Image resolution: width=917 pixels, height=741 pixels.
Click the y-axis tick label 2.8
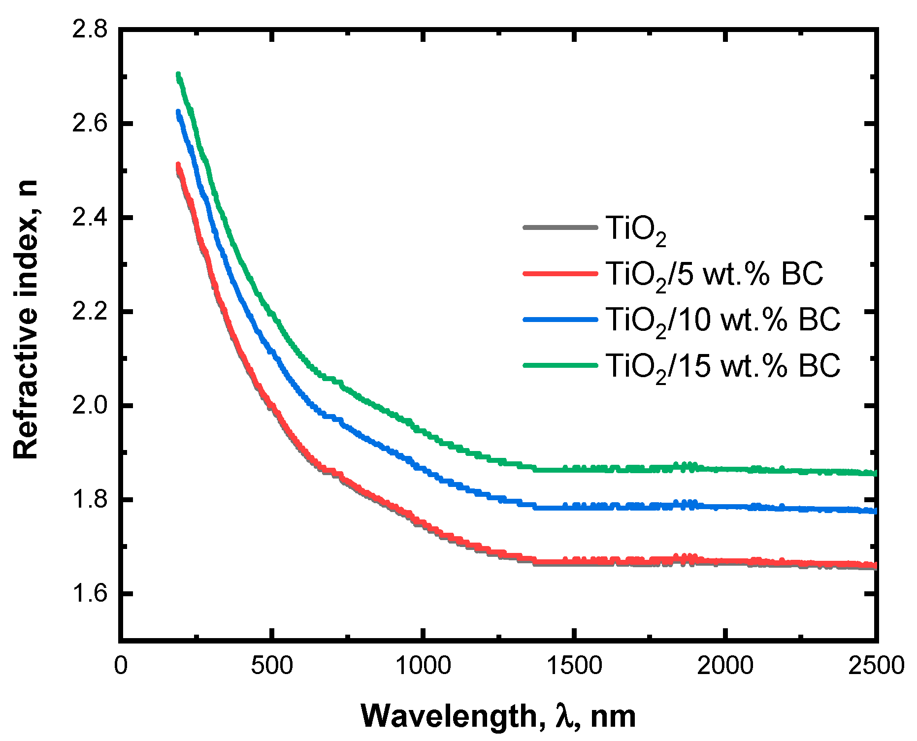pyautogui.click(x=89, y=30)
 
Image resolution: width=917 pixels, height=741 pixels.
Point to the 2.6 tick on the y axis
pyautogui.click(x=89, y=124)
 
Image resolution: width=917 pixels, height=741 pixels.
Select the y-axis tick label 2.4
pyautogui.click(x=89, y=218)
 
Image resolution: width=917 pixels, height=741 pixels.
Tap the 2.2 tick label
pyautogui.click(x=89, y=312)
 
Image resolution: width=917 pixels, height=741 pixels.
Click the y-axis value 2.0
pyautogui.click(x=89, y=406)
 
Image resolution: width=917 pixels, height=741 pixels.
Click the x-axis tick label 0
pyautogui.click(x=121, y=666)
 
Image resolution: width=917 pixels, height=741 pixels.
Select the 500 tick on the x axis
pyautogui.click(x=272, y=666)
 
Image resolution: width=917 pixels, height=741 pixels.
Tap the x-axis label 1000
pyautogui.click(x=423, y=666)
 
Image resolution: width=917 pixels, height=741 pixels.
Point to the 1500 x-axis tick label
pyautogui.click(x=574, y=666)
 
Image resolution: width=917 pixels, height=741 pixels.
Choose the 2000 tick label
pyautogui.click(x=725, y=666)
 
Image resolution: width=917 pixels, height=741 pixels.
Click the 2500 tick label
pyautogui.click(x=876, y=666)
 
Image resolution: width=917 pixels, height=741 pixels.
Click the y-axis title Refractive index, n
pyautogui.click(x=26, y=320)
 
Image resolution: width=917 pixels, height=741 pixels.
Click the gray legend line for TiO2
pyautogui.click(x=560, y=227)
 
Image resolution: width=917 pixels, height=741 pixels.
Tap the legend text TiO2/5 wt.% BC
pyautogui.click(x=714, y=274)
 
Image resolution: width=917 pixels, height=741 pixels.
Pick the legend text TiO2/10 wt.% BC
pyautogui.click(x=722, y=320)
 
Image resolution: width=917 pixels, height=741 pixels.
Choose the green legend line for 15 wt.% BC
pyautogui.click(x=560, y=365)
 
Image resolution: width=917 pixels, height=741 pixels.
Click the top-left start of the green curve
pyautogui.click(x=178, y=75)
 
